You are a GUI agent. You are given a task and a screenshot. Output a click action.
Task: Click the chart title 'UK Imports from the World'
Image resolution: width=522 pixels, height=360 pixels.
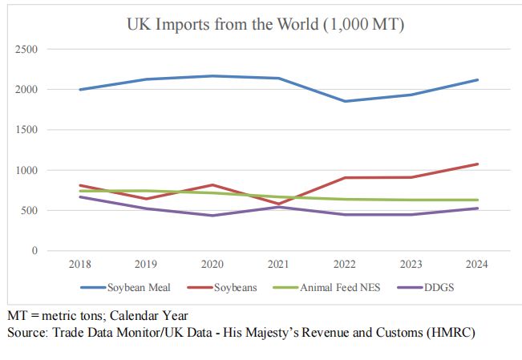(x=265, y=25)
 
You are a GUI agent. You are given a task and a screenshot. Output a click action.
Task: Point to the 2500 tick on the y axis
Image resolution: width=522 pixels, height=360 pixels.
(x=28, y=49)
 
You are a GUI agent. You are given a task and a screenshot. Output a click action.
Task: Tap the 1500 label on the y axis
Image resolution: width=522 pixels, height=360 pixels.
(x=28, y=130)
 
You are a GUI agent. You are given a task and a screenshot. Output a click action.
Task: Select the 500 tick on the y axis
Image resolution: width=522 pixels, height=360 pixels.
(x=30, y=211)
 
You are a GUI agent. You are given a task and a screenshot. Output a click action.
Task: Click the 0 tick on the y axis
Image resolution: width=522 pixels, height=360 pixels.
(x=34, y=251)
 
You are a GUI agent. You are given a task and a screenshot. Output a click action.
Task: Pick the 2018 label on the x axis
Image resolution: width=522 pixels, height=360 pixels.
(x=81, y=264)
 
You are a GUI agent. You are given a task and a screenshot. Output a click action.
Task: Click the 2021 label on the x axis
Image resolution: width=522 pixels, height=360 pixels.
(x=279, y=264)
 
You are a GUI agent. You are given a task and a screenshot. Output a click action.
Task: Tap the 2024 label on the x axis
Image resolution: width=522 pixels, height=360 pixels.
(x=477, y=264)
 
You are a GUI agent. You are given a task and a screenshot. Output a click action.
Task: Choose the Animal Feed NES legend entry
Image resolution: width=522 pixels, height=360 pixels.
(x=334, y=287)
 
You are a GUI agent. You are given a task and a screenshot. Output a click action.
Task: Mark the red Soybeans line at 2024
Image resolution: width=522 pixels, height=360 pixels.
(x=477, y=164)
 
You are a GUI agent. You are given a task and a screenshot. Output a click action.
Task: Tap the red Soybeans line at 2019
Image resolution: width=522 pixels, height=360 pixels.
(x=147, y=199)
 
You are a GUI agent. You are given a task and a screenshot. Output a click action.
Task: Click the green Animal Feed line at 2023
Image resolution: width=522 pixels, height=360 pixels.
(x=411, y=200)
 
